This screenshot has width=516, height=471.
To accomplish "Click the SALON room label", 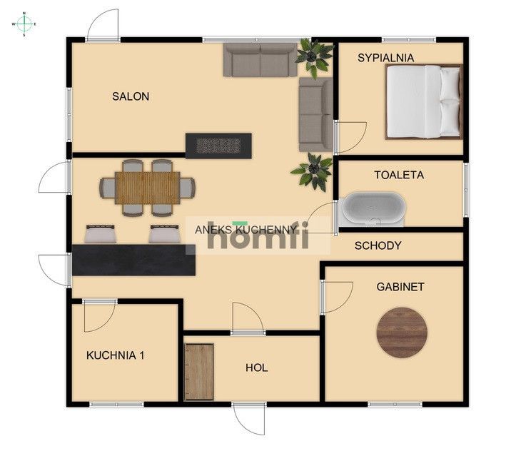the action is (131, 96).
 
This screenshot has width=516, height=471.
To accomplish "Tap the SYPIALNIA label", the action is (385, 58).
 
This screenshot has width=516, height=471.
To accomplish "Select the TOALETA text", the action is (399, 175).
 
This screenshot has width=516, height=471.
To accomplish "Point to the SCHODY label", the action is (378, 245).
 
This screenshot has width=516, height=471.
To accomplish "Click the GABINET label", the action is (400, 287).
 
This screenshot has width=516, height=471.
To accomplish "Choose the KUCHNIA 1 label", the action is (115, 355).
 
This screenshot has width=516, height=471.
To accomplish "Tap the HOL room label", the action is (257, 368).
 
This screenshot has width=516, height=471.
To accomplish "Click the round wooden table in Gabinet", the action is (402, 333).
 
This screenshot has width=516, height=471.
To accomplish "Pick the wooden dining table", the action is (148, 188).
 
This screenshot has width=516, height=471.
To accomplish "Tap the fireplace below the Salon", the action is (218, 146).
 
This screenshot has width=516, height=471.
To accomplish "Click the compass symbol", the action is (24, 24).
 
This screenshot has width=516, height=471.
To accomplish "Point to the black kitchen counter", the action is (133, 260).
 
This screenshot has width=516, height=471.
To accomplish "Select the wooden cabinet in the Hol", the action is (199, 372).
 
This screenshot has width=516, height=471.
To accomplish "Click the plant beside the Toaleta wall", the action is (312, 171).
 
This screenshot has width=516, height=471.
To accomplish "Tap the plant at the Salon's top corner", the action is (313, 58).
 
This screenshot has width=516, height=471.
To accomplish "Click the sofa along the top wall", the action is (260, 59).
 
